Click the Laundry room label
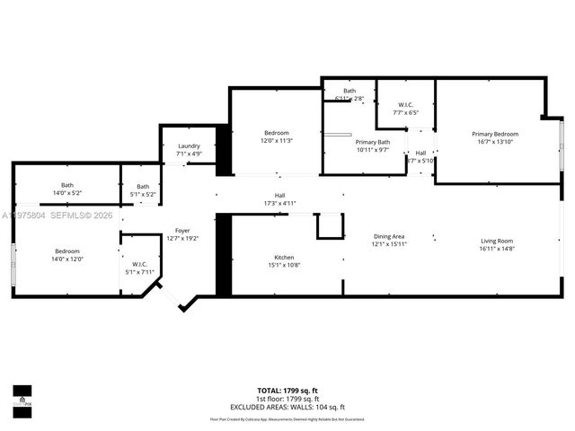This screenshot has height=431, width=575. pos(189,146)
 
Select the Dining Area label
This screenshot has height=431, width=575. pos(390,236)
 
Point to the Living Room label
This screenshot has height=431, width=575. pos(496,241)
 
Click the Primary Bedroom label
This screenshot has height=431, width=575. pos(495,134)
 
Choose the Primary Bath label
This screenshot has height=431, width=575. pos(372,142)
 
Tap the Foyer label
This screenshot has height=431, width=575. pos(182,231)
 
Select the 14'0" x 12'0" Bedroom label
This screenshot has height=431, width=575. pos(68,251)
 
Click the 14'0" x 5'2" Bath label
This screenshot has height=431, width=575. pos(67,186)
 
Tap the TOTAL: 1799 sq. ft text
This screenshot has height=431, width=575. pos(287,391)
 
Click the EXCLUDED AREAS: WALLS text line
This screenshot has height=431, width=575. pos(287,407)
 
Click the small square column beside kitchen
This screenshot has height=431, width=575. pos(329,225)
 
